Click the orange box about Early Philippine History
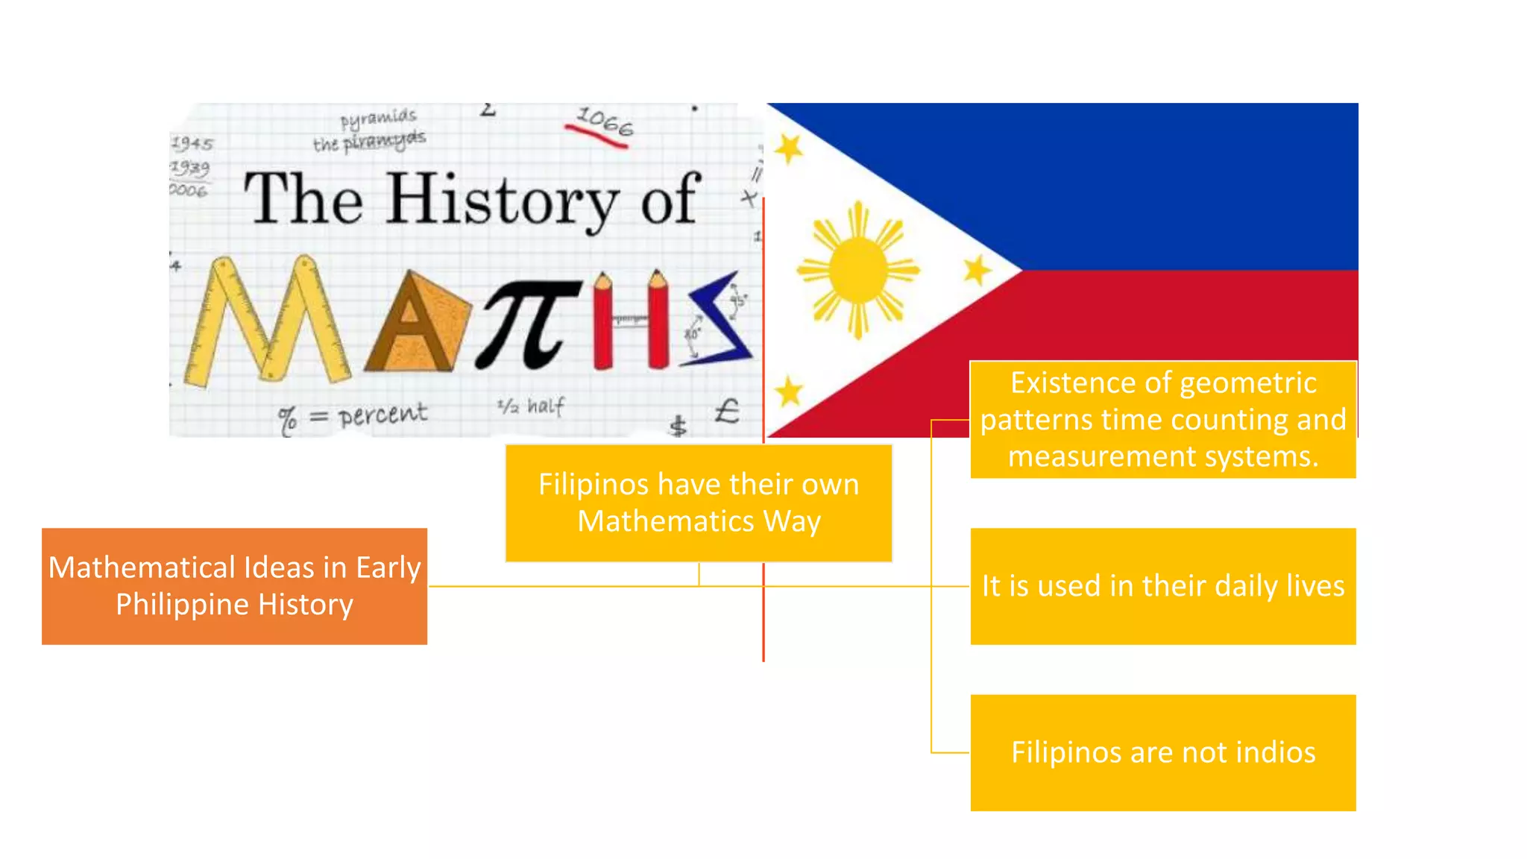[234, 586]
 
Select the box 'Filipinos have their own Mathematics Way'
[699, 503]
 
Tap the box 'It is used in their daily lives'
[1162, 586]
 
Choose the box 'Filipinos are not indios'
[1162, 752]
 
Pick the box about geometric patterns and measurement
[1162, 420]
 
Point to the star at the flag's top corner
[788, 148]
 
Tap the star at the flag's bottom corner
[788, 391]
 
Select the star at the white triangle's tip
[976, 270]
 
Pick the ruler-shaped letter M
[267, 321]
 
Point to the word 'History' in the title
[502, 200]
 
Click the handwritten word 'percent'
[382, 415]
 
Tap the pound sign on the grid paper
[726, 411]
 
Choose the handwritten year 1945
[192, 143]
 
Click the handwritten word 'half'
[546, 406]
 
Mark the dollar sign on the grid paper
[678, 426]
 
